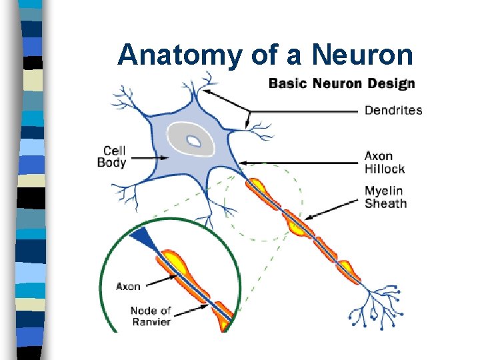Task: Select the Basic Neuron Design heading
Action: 341,84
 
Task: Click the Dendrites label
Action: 393,110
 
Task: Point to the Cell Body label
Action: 111,157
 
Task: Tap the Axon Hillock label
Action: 385,162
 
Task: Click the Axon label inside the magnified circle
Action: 128,286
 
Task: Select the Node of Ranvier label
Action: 151,316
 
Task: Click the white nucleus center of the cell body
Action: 193,141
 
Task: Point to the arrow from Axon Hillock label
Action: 300,162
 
